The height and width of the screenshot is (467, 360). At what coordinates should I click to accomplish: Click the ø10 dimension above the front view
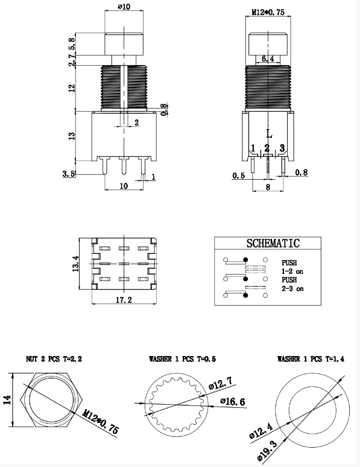point(124,6)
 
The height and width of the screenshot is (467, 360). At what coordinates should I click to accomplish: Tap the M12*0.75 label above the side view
point(268,12)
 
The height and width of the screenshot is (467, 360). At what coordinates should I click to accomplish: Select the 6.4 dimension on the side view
point(268,59)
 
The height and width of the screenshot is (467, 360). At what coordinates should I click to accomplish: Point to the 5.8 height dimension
point(72,43)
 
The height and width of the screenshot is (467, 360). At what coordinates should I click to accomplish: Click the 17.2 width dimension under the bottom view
point(124,300)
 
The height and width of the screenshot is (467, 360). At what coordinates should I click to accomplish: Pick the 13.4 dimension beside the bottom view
point(75,264)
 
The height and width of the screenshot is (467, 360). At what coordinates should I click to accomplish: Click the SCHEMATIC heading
point(273,243)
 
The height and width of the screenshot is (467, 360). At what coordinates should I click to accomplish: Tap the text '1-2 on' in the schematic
point(292,272)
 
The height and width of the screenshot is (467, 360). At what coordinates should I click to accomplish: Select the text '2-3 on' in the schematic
point(292,288)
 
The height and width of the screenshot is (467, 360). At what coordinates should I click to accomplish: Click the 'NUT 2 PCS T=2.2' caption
point(54,359)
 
